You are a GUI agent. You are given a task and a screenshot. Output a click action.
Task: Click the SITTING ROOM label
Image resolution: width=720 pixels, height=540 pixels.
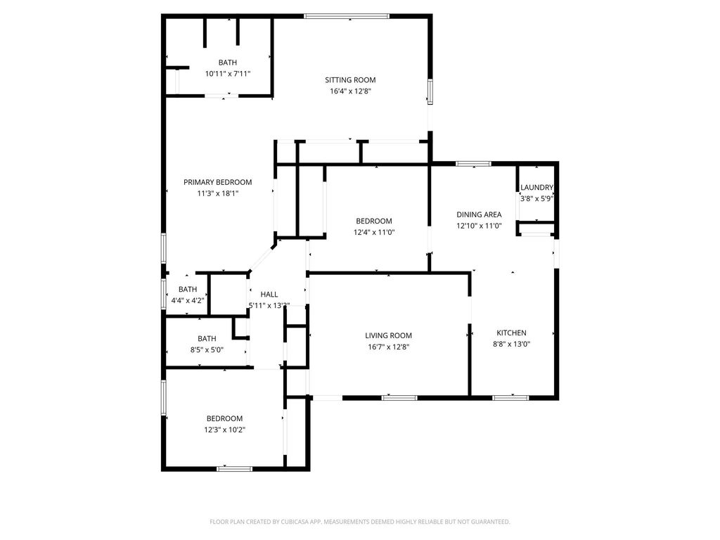[350, 80]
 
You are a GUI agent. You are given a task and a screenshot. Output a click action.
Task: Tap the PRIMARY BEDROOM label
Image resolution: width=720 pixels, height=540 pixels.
[218, 182]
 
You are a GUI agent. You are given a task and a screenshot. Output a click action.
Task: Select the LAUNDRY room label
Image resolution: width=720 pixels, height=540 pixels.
[536, 187]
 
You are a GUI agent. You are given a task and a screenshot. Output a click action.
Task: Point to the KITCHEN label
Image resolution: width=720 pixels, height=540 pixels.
[512, 333]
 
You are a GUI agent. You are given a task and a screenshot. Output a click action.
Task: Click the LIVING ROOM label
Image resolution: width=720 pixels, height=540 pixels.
[388, 335]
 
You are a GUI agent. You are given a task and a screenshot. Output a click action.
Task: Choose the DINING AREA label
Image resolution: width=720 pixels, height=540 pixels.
[479, 214]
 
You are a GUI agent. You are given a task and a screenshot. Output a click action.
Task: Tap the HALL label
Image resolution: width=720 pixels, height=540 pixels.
[269, 295]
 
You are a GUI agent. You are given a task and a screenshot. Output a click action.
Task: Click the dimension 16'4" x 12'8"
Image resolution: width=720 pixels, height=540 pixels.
[350, 91]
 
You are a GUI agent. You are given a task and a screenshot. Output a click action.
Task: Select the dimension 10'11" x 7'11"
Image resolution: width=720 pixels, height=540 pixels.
[228, 73]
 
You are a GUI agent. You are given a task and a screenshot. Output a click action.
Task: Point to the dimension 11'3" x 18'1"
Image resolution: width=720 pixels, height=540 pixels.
[218, 193]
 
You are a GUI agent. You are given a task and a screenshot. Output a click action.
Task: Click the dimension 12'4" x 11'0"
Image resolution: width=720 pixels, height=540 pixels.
[374, 232]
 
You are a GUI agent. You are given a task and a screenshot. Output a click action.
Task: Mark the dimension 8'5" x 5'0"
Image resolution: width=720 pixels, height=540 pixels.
[207, 350]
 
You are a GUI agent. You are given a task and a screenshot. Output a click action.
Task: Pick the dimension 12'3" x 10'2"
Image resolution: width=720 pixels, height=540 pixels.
[224, 430]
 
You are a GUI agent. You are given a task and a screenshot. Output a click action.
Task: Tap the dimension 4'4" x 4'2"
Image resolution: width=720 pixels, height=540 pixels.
[188, 301]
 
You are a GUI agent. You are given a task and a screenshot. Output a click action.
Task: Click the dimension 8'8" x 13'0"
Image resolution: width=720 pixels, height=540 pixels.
[512, 344]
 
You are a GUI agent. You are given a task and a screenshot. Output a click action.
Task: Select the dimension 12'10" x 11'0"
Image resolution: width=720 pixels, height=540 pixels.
[479, 226]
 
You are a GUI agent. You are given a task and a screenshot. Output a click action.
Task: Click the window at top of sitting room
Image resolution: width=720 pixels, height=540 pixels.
[347, 17]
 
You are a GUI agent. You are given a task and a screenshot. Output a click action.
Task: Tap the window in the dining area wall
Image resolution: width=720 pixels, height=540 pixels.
[473, 164]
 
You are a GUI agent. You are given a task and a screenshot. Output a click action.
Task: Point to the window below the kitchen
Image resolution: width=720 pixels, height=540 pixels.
[510, 398]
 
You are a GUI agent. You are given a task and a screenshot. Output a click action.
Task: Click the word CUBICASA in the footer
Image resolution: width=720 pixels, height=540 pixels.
[295, 522]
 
